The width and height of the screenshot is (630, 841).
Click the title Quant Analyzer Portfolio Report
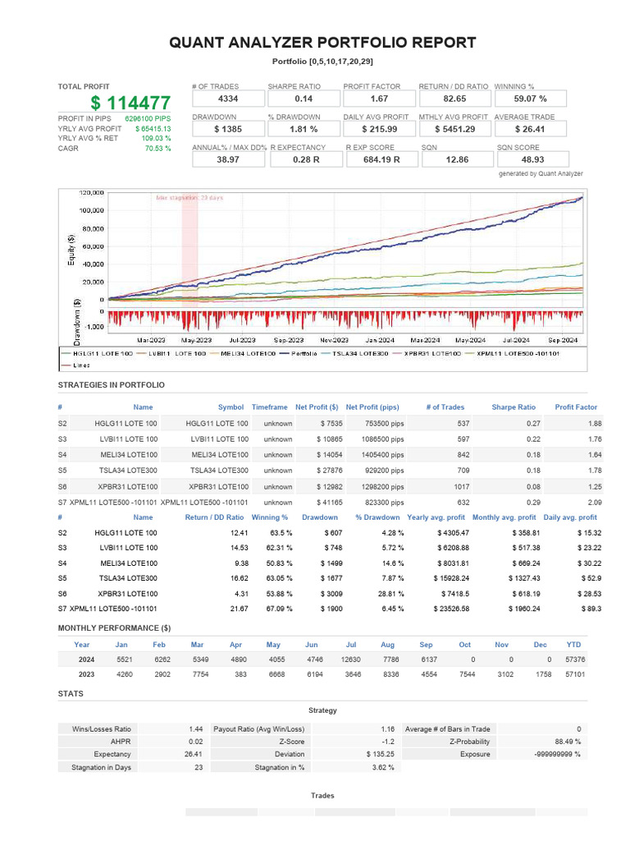[322, 43]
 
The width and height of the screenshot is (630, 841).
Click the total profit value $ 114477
[130, 103]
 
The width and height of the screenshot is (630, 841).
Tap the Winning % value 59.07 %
[530, 99]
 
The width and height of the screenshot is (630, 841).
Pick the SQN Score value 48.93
[530, 159]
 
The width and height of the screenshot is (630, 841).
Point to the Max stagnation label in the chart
[189, 198]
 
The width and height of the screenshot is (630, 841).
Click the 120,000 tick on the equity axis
[91, 193]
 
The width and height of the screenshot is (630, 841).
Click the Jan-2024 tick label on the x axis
[381, 339]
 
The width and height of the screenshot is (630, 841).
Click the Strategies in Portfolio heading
[111, 384]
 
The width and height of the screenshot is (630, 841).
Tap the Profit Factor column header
[576, 407]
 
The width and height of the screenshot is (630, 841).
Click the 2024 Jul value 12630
[350, 659]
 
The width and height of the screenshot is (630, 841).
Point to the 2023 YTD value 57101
[574, 674]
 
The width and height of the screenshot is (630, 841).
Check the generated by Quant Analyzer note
[541, 174]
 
